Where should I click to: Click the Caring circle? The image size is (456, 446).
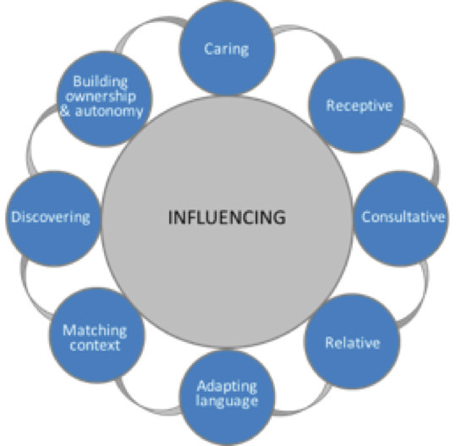pyautogui.click(x=227, y=48)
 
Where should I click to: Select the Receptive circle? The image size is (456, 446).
pyautogui.click(x=356, y=105)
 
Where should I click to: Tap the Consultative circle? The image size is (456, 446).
pyautogui.click(x=401, y=218)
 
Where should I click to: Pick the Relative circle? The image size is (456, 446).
pyautogui.click(x=352, y=342)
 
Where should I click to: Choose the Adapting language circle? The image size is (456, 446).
pyautogui.click(x=227, y=398)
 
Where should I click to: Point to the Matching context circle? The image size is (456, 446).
pyautogui.click(x=96, y=335)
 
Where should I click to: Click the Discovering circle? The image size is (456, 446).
pyautogui.click(x=53, y=218)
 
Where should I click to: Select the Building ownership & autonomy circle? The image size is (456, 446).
pyautogui.click(x=104, y=99)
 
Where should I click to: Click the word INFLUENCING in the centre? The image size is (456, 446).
pyautogui.click(x=227, y=217)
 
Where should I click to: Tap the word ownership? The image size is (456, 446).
pyautogui.click(x=101, y=96)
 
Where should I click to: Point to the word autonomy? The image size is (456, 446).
pyautogui.click(x=109, y=112)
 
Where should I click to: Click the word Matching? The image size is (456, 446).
pyautogui.click(x=95, y=331)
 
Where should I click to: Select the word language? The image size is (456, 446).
pyautogui.click(x=227, y=401)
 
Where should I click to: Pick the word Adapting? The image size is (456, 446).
pyautogui.click(x=227, y=387)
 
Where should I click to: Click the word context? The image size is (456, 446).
pyautogui.click(x=95, y=345)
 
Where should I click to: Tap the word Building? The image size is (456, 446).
pyautogui.click(x=101, y=82)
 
